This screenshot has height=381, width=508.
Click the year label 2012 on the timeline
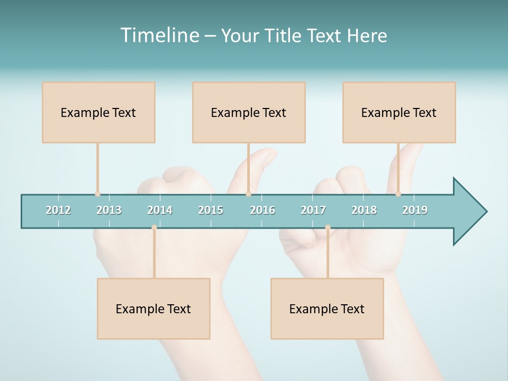click(58, 210)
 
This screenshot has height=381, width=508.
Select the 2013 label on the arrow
click(109, 210)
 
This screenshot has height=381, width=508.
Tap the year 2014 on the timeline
click(160, 210)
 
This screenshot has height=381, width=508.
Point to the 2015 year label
click(211, 210)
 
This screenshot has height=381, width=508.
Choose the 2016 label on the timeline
click(262, 210)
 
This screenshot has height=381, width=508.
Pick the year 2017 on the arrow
click(313, 210)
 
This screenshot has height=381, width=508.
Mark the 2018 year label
click(364, 210)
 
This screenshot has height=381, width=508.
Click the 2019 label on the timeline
click(415, 210)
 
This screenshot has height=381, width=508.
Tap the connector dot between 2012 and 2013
click(97, 194)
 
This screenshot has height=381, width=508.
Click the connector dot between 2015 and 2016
click(248, 194)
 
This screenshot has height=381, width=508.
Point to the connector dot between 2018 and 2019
click(398, 194)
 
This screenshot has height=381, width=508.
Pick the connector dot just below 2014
click(154, 228)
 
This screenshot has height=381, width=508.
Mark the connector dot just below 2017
click(328, 228)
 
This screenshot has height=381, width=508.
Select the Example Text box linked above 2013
click(98, 112)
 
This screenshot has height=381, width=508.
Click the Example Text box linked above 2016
click(249, 112)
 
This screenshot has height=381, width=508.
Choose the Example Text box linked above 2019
click(399, 112)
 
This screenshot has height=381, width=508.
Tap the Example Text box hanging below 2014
click(153, 309)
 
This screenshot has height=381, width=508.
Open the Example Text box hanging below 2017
click(327, 309)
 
